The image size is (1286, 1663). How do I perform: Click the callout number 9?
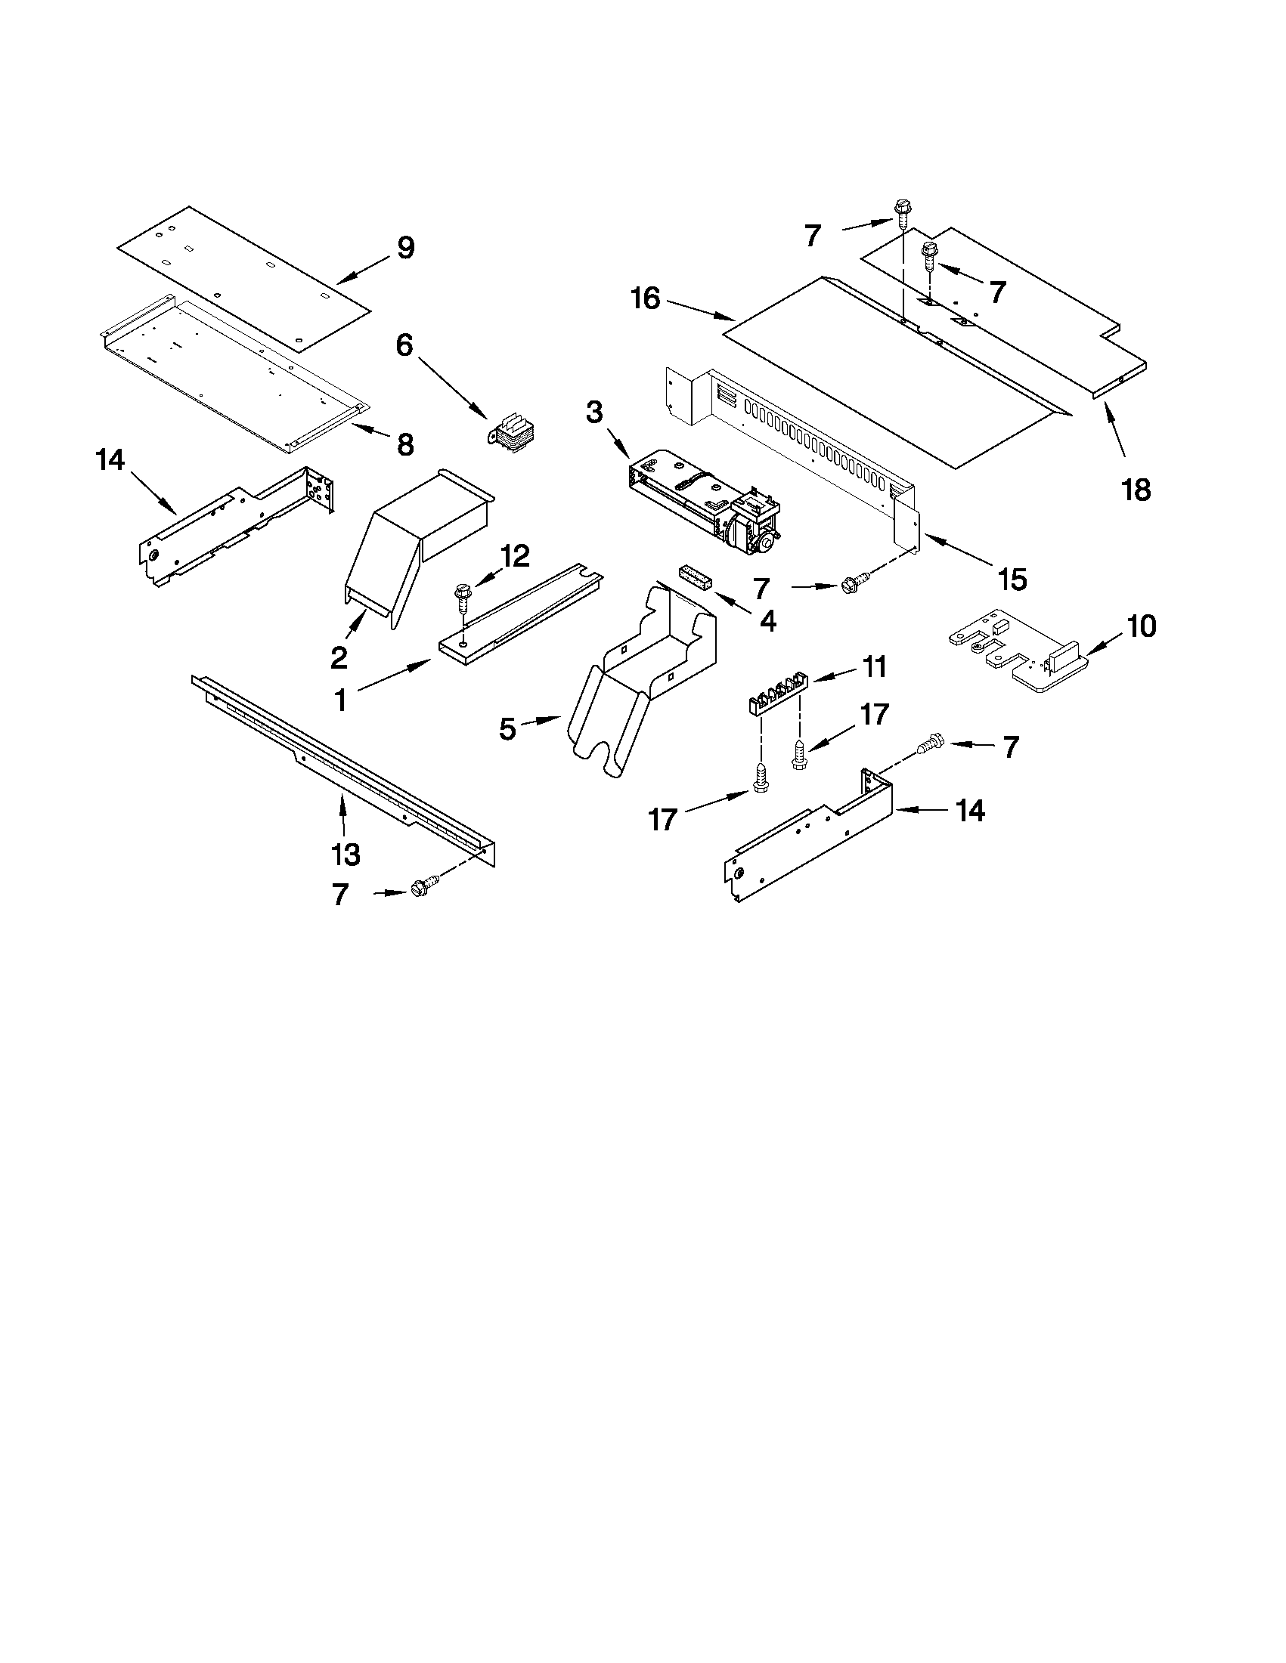tap(405, 248)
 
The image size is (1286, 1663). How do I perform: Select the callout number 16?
tap(646, 298)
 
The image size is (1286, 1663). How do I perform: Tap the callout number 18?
tap(1136, 490)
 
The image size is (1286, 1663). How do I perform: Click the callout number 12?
tap(515, 556)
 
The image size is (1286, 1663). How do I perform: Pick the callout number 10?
tap(1142, 626)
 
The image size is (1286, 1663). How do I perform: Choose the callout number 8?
tap(405, 444)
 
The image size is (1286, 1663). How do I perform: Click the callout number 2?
tap(339, 657)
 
